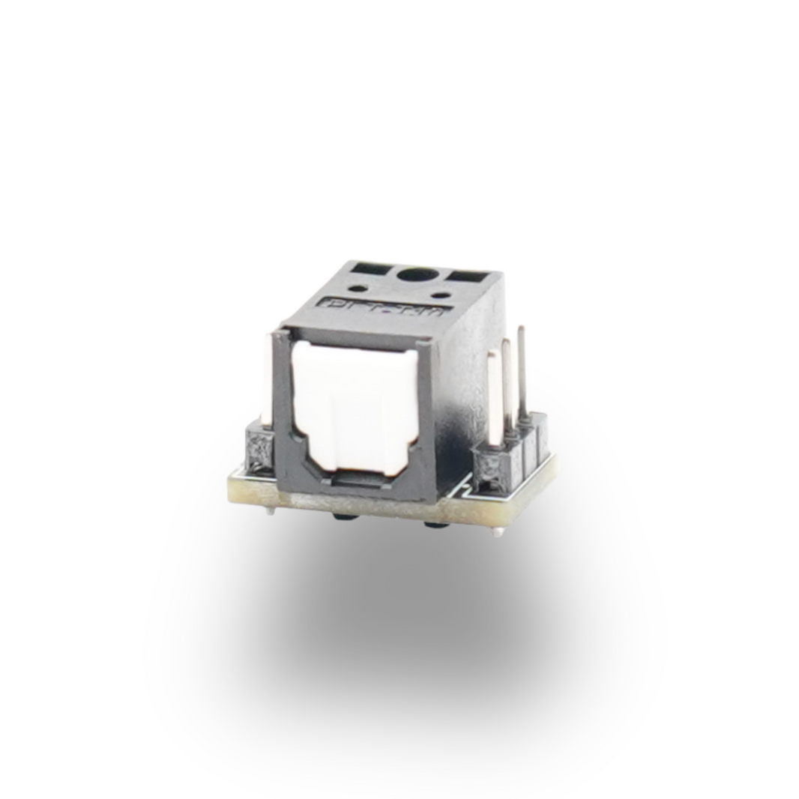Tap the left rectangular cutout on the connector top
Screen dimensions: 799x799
pyautogui.click(x=370, y=268)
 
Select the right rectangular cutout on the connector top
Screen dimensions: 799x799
pyautogui.click(x=468, y=277)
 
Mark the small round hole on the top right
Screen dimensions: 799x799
pyautogui.click(x=442, y=295)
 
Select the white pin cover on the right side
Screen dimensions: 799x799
pyautogui.click(x=492, y=397)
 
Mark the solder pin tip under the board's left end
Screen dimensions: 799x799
pyautogui.click(x=268, y=512)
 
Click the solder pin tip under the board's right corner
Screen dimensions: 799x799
pyautogui.click(x=498, y=531)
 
